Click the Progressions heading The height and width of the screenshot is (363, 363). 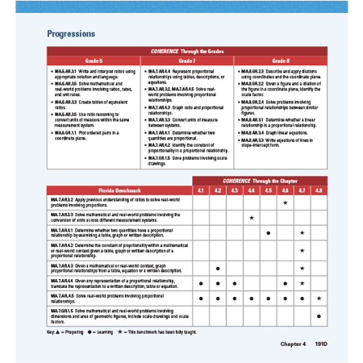click(x=72, y=35)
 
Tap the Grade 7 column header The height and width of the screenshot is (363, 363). click(x=186, y=60)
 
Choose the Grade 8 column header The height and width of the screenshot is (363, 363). click(x=280, y=60)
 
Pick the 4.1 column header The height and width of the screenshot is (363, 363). click(x=201, y=190)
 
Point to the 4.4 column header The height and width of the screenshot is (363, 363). click(x=252, y=190)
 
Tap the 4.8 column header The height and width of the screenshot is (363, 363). click(x=319, y=190)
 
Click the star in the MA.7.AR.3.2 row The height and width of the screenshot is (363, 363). click(x=285, y=202)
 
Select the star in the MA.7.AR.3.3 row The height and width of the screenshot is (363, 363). click(x=252, y=218)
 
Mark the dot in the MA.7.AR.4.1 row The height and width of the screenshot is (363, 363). click(x=269, y=233)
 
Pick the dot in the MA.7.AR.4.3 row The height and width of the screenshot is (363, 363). click(x=218, y=267)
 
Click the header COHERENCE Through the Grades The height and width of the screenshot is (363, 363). click(x=186, y=51)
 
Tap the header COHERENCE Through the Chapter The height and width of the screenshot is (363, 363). click(x=260, y=179)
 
